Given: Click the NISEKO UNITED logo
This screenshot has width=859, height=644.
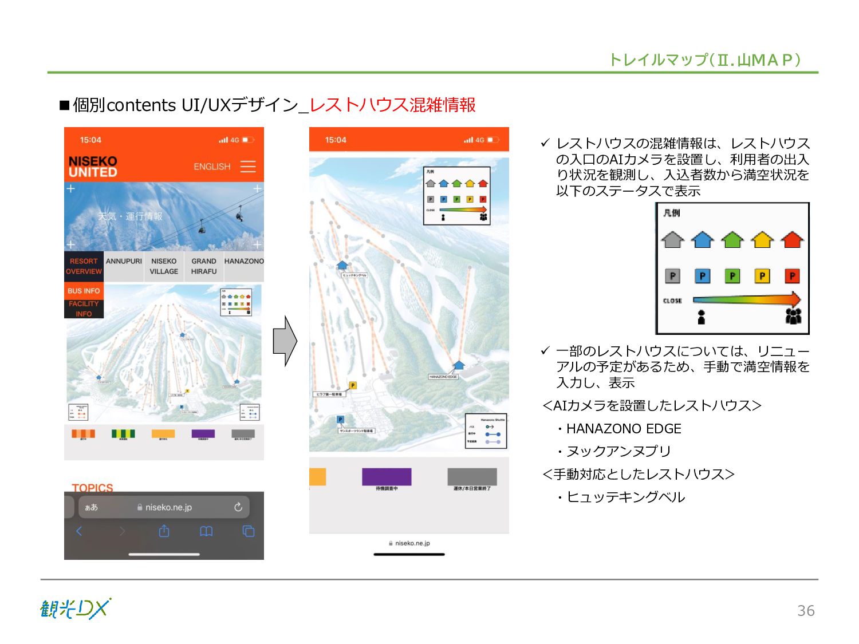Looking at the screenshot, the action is (93, 167).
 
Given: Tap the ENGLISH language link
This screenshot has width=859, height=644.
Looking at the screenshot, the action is (212, 167).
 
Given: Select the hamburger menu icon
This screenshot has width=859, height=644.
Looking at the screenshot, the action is (248, 167).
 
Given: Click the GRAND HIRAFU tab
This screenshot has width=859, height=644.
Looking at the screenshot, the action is (204, 266).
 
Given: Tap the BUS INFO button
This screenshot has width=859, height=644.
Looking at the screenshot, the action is (84, 291).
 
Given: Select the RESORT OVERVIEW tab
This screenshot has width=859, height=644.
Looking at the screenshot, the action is (84, 266).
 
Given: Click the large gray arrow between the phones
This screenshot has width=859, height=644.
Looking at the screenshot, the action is (285, 341).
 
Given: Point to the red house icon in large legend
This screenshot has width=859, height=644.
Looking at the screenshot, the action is (792, 239).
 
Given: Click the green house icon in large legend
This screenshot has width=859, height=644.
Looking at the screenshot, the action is (732, 239).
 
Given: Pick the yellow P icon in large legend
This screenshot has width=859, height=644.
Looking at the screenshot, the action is (762, 276).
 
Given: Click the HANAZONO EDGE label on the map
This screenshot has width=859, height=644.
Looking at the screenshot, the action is (443, 377).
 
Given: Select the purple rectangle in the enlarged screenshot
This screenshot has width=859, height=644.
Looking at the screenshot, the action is (387, 476).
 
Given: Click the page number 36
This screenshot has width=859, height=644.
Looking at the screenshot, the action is (806, 611).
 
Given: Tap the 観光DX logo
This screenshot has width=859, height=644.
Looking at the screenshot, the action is (76, 609).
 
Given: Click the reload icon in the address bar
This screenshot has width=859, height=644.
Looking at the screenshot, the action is (238, 507).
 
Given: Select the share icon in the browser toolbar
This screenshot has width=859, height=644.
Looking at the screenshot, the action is (164, 531).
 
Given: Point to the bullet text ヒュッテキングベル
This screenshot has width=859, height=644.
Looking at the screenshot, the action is (625, 497).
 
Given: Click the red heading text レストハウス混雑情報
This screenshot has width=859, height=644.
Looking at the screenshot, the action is (392, 105).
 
